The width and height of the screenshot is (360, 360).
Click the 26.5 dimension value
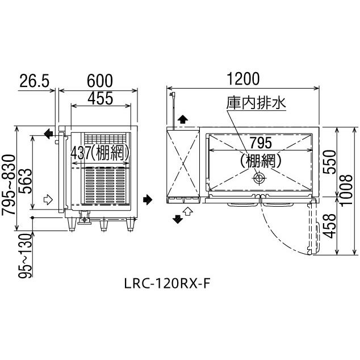coord(34,81)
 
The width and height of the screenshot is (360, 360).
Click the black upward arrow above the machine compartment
coord(182,120)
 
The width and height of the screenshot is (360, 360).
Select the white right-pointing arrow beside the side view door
coord(48,199)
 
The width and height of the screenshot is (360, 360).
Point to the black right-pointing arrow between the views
coord(148,199)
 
